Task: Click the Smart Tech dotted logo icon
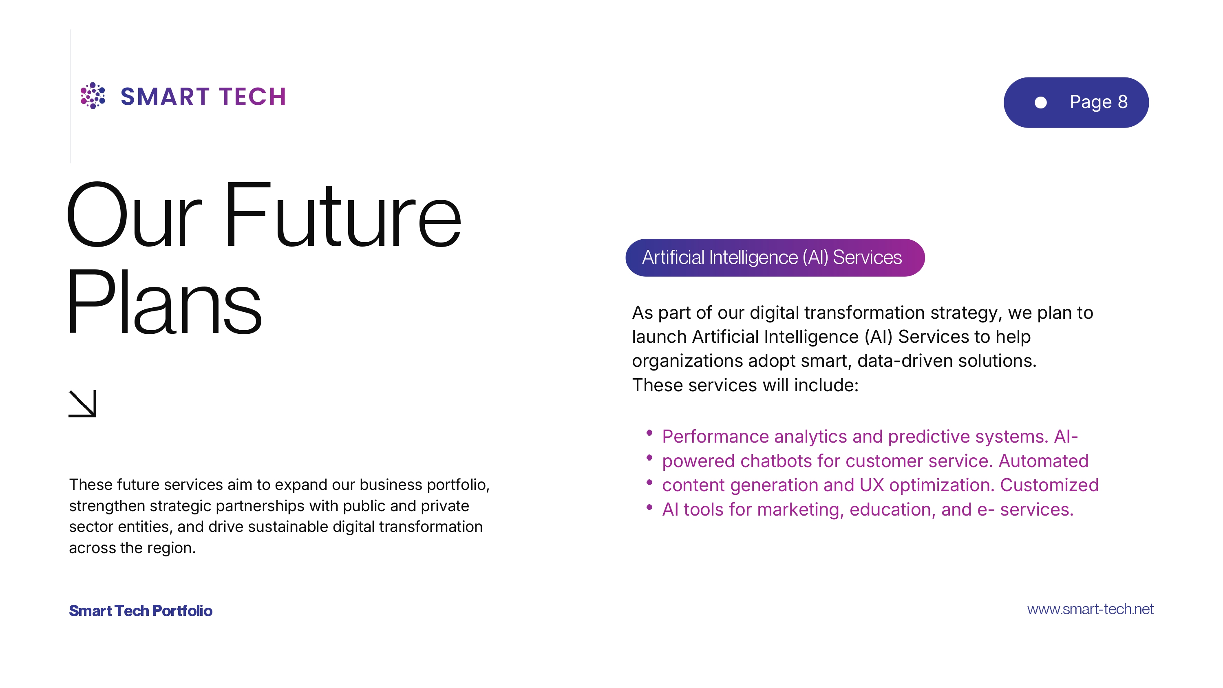[x=93, y=95]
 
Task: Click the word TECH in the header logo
[x=253, y=97]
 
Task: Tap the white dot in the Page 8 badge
[x=1040, y=103]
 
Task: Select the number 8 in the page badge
[x=1122, y=101]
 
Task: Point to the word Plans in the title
[x=164, y=302]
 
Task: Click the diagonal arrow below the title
[x=83, y=404]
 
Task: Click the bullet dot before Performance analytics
[x=649, y=432]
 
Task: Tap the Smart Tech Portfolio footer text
[x=141, y=611]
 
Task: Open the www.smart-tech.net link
[x=1090, y=609]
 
